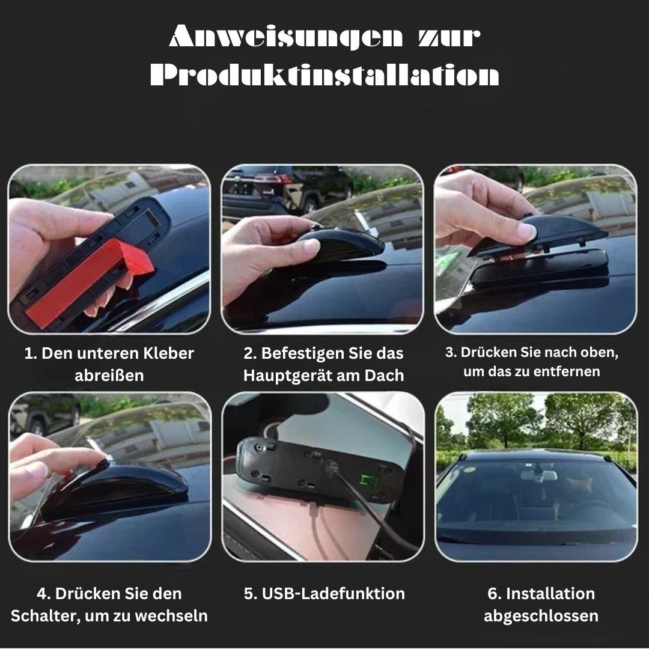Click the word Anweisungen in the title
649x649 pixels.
(x=285, y=37)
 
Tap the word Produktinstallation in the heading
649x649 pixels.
(x=324, y=75)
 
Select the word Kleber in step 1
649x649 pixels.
(x=168, y=353)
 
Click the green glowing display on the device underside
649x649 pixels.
(x=369, y=481)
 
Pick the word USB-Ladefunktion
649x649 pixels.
(x=333, y=594)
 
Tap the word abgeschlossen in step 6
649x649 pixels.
(x=541, y=616)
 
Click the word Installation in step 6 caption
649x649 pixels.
(x=550, y=594)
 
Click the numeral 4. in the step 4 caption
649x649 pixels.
(x=43, y=594)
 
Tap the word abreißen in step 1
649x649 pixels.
(x=109, y=376)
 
